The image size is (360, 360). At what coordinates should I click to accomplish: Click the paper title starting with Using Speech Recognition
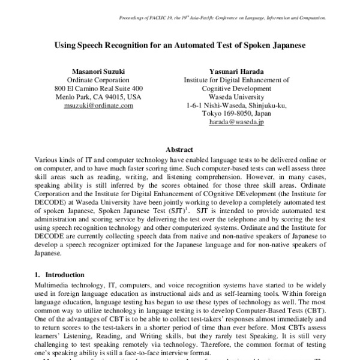pyautogui.click(x=179, y=45)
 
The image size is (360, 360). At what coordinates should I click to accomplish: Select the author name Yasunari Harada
pyautogui.click(x=236, y=70)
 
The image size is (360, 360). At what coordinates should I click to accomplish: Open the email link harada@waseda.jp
pyautogui.click(x=236, y=121)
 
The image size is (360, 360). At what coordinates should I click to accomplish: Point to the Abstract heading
pyautogui.click(x=179, y=149)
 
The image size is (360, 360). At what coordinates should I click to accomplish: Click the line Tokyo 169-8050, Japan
pyautogui.click(x=236, y=113)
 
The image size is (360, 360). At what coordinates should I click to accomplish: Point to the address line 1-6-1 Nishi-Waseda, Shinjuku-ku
pyautogui.click(x=236, y=104)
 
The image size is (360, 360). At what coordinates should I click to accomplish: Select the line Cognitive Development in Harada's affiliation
pyautogui.click(x=236, y=88)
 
